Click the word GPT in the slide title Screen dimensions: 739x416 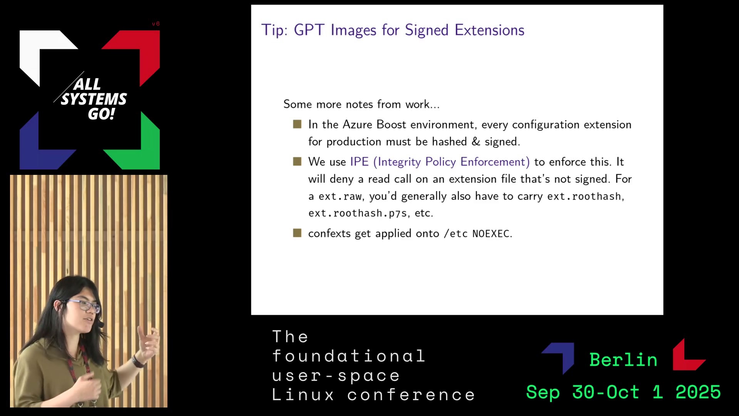[309, 30]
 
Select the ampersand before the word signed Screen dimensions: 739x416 [476, 141]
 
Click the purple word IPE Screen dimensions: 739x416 [359, 162]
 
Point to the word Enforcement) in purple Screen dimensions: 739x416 [495, 162]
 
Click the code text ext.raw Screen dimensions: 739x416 [340, 196]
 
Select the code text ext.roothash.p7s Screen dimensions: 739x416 [358, 213]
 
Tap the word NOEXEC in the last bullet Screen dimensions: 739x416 [491, 234]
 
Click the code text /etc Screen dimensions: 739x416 [456, 234]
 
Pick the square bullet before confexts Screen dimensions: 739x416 [297, 233]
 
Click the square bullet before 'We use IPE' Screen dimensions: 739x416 [297, 161]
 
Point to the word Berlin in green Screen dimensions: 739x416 [623, 360]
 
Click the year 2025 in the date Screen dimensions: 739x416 [698, 392]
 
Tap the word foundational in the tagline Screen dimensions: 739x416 [349, 356]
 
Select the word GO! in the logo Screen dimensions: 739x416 [102, 114]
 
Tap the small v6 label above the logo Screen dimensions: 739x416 [155, 24]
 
